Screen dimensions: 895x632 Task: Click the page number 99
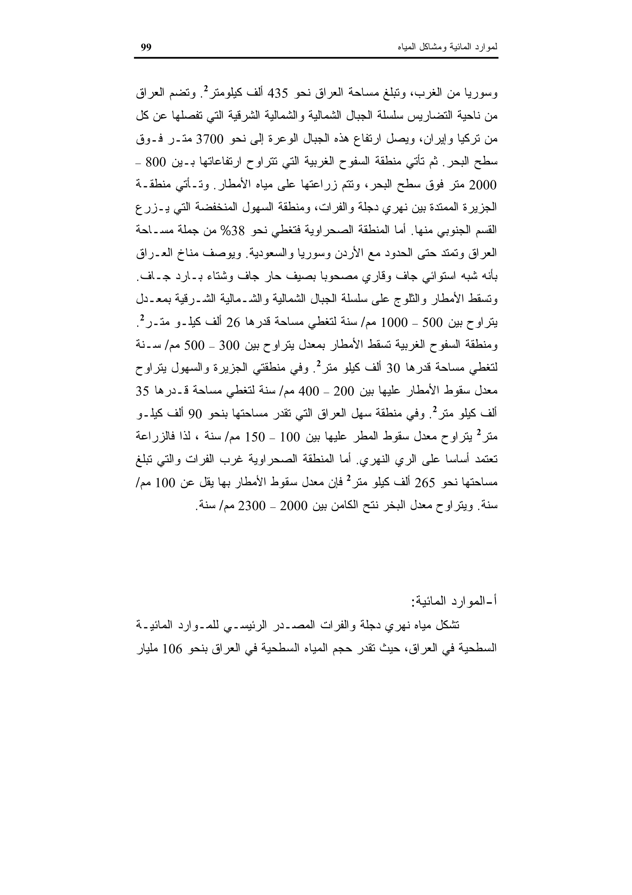pyautogui.click(x=146, y=48)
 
